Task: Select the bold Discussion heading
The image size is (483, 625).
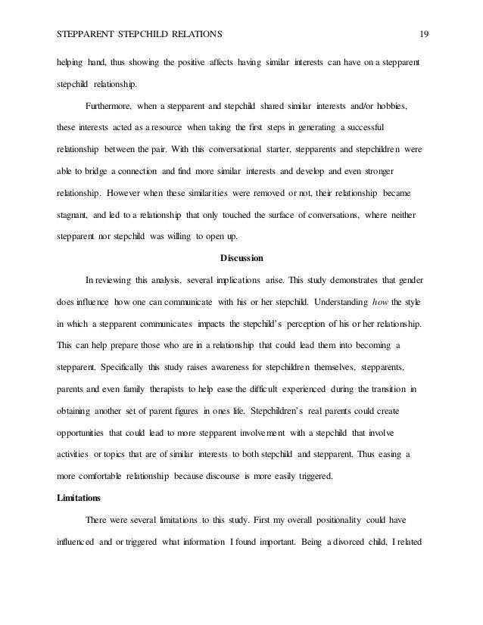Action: pyautogui.click(x=241, y=258)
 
